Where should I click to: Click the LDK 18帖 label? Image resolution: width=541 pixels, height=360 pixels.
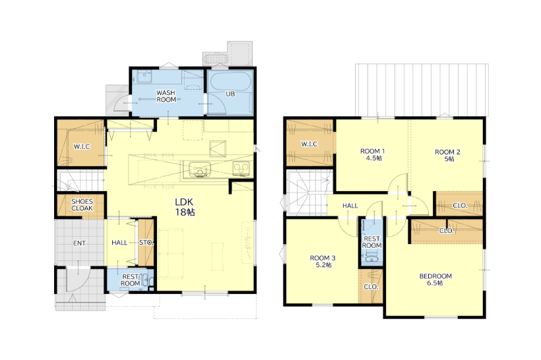(185, 207)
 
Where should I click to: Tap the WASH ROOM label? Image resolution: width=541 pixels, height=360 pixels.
(166, 96)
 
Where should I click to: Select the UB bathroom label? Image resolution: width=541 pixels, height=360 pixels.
(230, 94)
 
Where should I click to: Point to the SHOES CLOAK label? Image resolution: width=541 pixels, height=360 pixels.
(82, 205)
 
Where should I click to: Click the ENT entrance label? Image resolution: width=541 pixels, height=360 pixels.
(79, 243)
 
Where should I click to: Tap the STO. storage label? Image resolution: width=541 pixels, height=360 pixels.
(146, 243)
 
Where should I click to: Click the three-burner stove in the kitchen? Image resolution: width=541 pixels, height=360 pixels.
(241, 169)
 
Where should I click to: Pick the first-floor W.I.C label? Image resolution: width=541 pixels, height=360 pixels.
(82, 146)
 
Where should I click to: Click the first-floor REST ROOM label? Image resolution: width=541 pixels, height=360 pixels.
(130, 280)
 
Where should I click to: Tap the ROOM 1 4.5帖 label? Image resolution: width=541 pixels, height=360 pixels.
(373, 154)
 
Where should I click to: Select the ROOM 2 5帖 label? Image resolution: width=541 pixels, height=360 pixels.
(447, 156)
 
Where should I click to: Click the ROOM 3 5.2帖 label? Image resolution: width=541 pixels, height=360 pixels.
(323, 261)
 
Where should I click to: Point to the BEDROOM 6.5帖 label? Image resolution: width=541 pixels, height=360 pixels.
(435, 280)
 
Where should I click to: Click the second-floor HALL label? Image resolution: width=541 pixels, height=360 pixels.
(350, 206)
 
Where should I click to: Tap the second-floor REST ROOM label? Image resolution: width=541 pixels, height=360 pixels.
(372, 242)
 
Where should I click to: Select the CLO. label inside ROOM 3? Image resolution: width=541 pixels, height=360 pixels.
(371, 287)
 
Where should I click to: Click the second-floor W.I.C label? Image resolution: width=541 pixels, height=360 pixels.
(309, 144)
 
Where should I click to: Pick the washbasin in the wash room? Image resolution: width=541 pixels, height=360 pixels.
(144, 77)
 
